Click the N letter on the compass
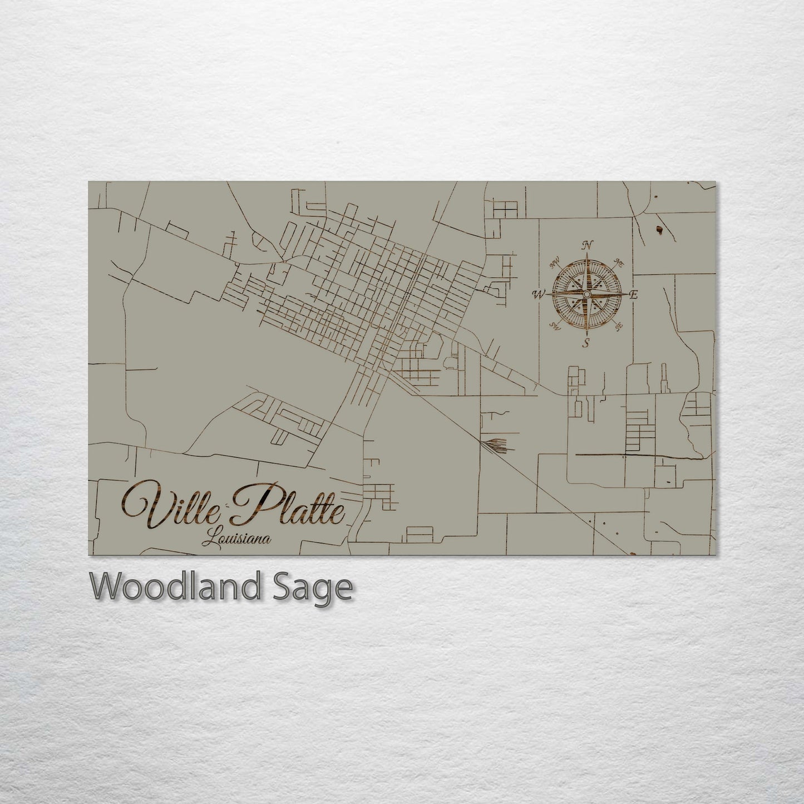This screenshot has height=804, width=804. pyautogui.click(x=586, y=244)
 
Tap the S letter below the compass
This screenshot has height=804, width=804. pyautogui.click(x=585, y=343)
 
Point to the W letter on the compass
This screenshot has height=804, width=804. pyautogui.click(x=539, y=294)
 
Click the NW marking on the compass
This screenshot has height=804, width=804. pyautogui.click(x=554, y=261)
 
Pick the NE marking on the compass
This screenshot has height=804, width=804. pyautogui.click(x=618, y=262)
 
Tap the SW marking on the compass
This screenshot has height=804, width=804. pyautogui.click(x=554, y=326)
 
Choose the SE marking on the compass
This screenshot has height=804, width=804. pyautogui.click(x=618, y=327)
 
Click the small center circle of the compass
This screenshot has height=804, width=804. pyautogui.click(x=586, y=293)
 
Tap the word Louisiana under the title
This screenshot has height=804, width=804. pyautogui.click(x=237, y=538)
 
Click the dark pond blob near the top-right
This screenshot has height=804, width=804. pyautogui.click(x=660, y=229)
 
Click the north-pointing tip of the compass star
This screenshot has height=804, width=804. pyautogui.click(x=586, y=255)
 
